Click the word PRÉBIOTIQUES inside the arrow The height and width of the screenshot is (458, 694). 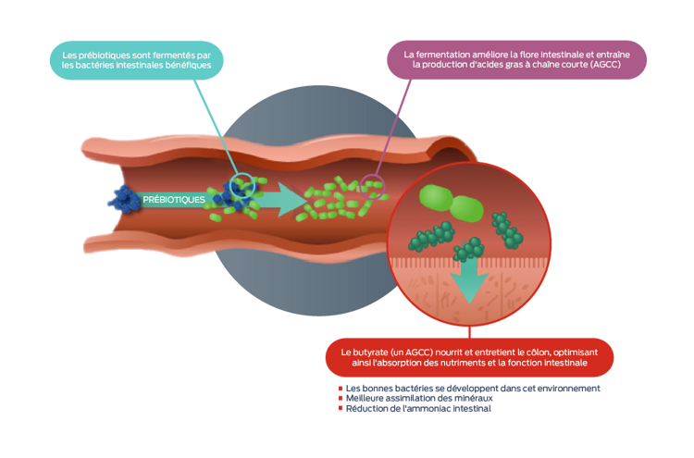174,199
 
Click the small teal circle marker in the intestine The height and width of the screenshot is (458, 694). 242,185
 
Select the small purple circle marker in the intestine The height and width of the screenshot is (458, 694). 372,182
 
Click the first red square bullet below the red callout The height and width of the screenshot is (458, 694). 341,389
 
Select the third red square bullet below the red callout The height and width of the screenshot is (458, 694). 341,408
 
